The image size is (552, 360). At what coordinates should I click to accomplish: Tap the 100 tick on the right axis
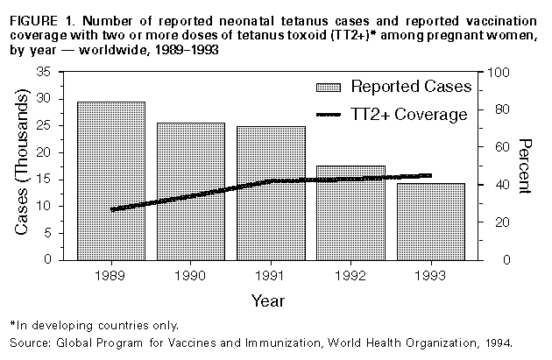point(498,72)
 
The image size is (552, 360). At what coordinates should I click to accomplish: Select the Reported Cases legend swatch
point(329,87)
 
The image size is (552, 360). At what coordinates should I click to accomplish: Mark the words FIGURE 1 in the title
point(37,13)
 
